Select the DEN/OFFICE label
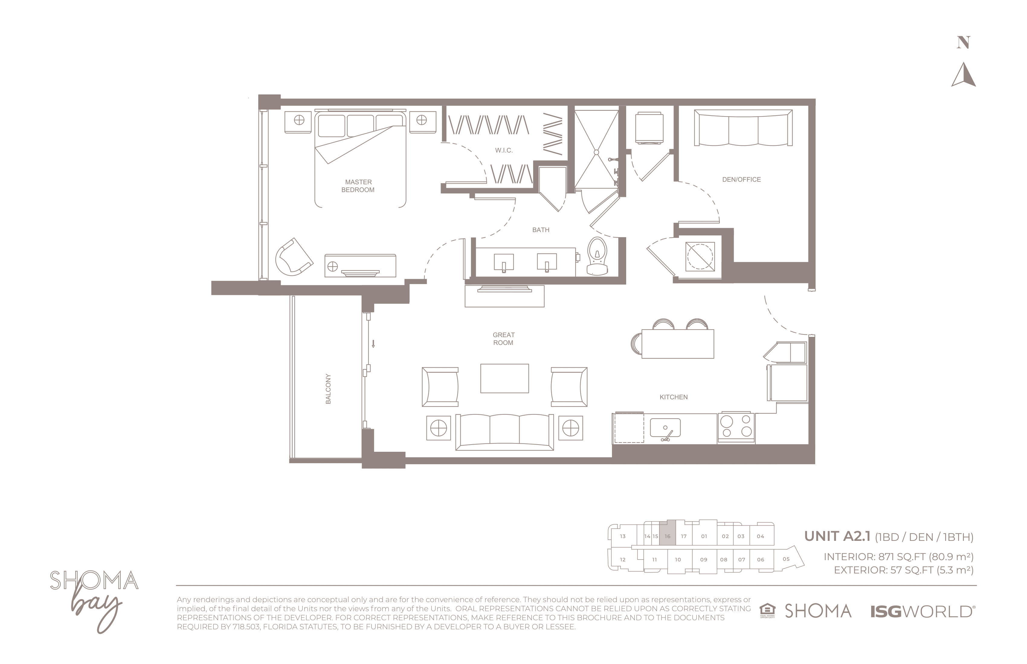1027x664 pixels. tap(741, 179)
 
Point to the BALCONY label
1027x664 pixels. tap(328, 389)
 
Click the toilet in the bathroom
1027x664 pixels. tap(598, 256)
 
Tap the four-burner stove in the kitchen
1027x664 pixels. tap(736, 426)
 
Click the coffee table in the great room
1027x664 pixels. tap(504, 378)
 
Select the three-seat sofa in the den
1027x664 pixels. tap(743, 128)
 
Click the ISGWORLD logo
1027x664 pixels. tap(922, 611)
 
